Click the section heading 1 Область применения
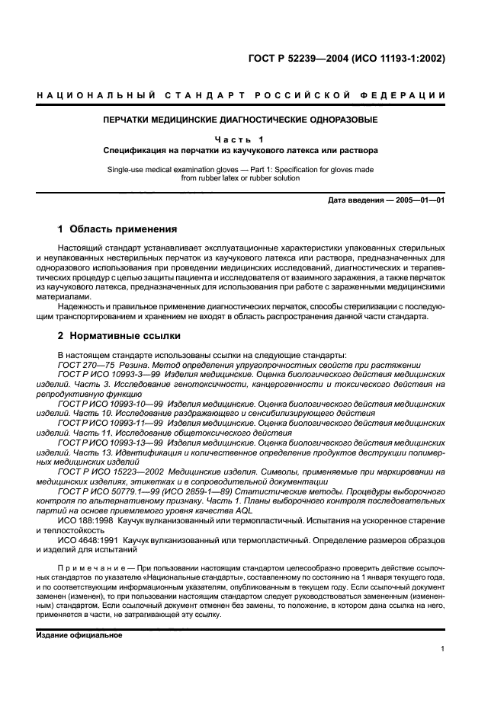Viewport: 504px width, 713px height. [117, 229]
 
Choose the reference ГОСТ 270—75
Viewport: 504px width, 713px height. [85, 365]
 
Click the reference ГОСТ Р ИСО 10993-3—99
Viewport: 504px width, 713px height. [104, 375]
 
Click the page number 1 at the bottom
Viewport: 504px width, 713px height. [442, 650]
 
